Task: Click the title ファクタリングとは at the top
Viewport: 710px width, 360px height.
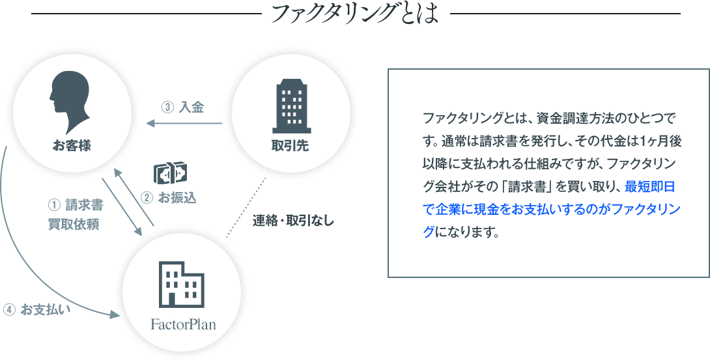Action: [354, 14]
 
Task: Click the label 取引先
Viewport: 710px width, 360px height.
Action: [290, 146]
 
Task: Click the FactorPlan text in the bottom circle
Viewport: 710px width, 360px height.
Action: [183, 324]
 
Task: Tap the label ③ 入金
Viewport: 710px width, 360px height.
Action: [182, 107]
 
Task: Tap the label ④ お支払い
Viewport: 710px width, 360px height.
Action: [36, 309]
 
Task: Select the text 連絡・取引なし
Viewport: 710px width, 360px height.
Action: [293, 221]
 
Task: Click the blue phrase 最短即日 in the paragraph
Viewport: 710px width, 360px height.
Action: [649, 187]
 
